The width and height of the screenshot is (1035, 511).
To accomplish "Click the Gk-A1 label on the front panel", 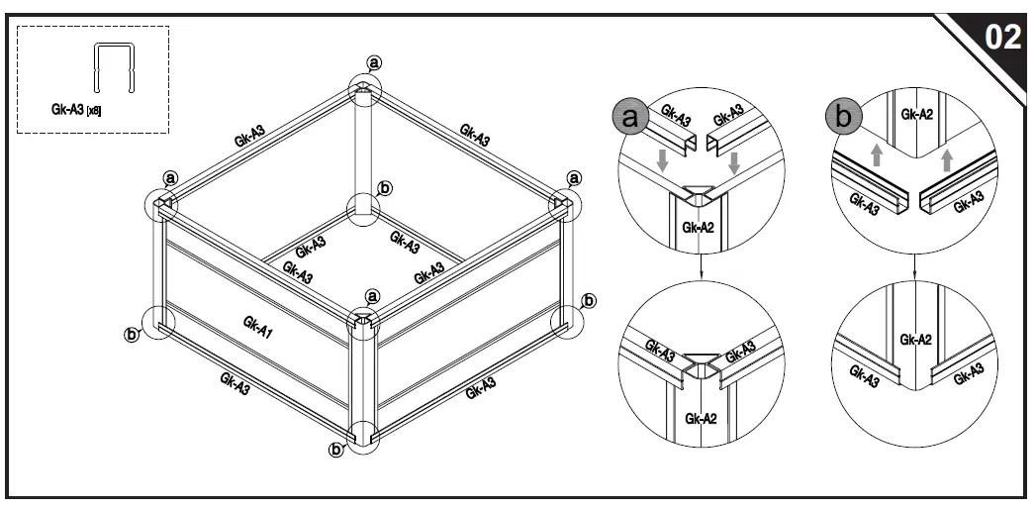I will pos(258,323).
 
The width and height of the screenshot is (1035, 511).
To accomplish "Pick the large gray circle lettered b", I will pos(842,118).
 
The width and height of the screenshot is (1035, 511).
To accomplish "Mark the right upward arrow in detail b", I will pos(948,158).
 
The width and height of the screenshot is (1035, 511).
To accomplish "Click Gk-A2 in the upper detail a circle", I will pos(699,228).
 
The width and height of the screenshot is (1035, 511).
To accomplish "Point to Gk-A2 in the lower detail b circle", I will pos(915,339).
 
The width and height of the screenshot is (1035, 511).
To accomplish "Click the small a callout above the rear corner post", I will pos(374,62).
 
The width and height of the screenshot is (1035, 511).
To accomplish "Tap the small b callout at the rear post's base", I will pos(386,187).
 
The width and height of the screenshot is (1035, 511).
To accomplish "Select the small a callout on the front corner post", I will pos(372,296).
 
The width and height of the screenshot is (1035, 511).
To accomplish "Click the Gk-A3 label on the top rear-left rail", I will pos(249,137).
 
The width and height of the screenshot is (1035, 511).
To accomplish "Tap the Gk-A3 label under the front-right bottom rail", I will pos(481,388).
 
